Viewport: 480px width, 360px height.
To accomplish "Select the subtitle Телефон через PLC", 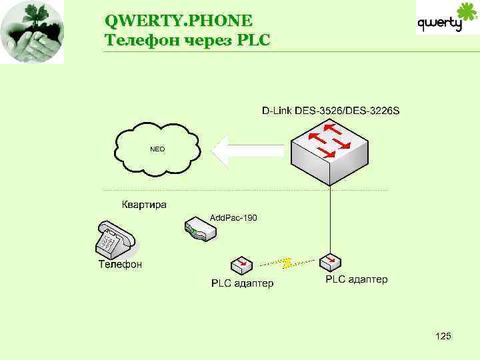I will click(x=187, y=40).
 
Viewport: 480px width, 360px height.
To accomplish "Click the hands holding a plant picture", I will click(x=32, y=32).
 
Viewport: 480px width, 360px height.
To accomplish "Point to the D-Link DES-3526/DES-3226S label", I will click(x=330, y=109).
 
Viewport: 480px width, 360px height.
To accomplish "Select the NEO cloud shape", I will click(x=157, y=149).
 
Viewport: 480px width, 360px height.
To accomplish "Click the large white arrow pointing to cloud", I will click(x=248, y=150).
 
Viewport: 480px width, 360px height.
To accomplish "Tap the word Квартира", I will click(x=144, y=205).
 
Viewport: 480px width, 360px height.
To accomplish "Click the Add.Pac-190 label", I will click(x=233, y=218).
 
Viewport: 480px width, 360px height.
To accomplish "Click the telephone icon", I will click(x=115, y=239).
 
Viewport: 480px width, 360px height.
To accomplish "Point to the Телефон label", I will click(x=121, y=265).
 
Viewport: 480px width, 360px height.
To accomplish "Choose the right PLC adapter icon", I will click(x=331, y=261).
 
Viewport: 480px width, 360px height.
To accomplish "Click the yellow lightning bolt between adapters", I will click(x=287, y=263).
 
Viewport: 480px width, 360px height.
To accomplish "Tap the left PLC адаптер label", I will click(x=242, y=284).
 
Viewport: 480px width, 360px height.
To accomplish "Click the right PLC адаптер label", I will click(x=356, y=279).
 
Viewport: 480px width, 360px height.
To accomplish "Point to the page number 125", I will click(x=443, y=336).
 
